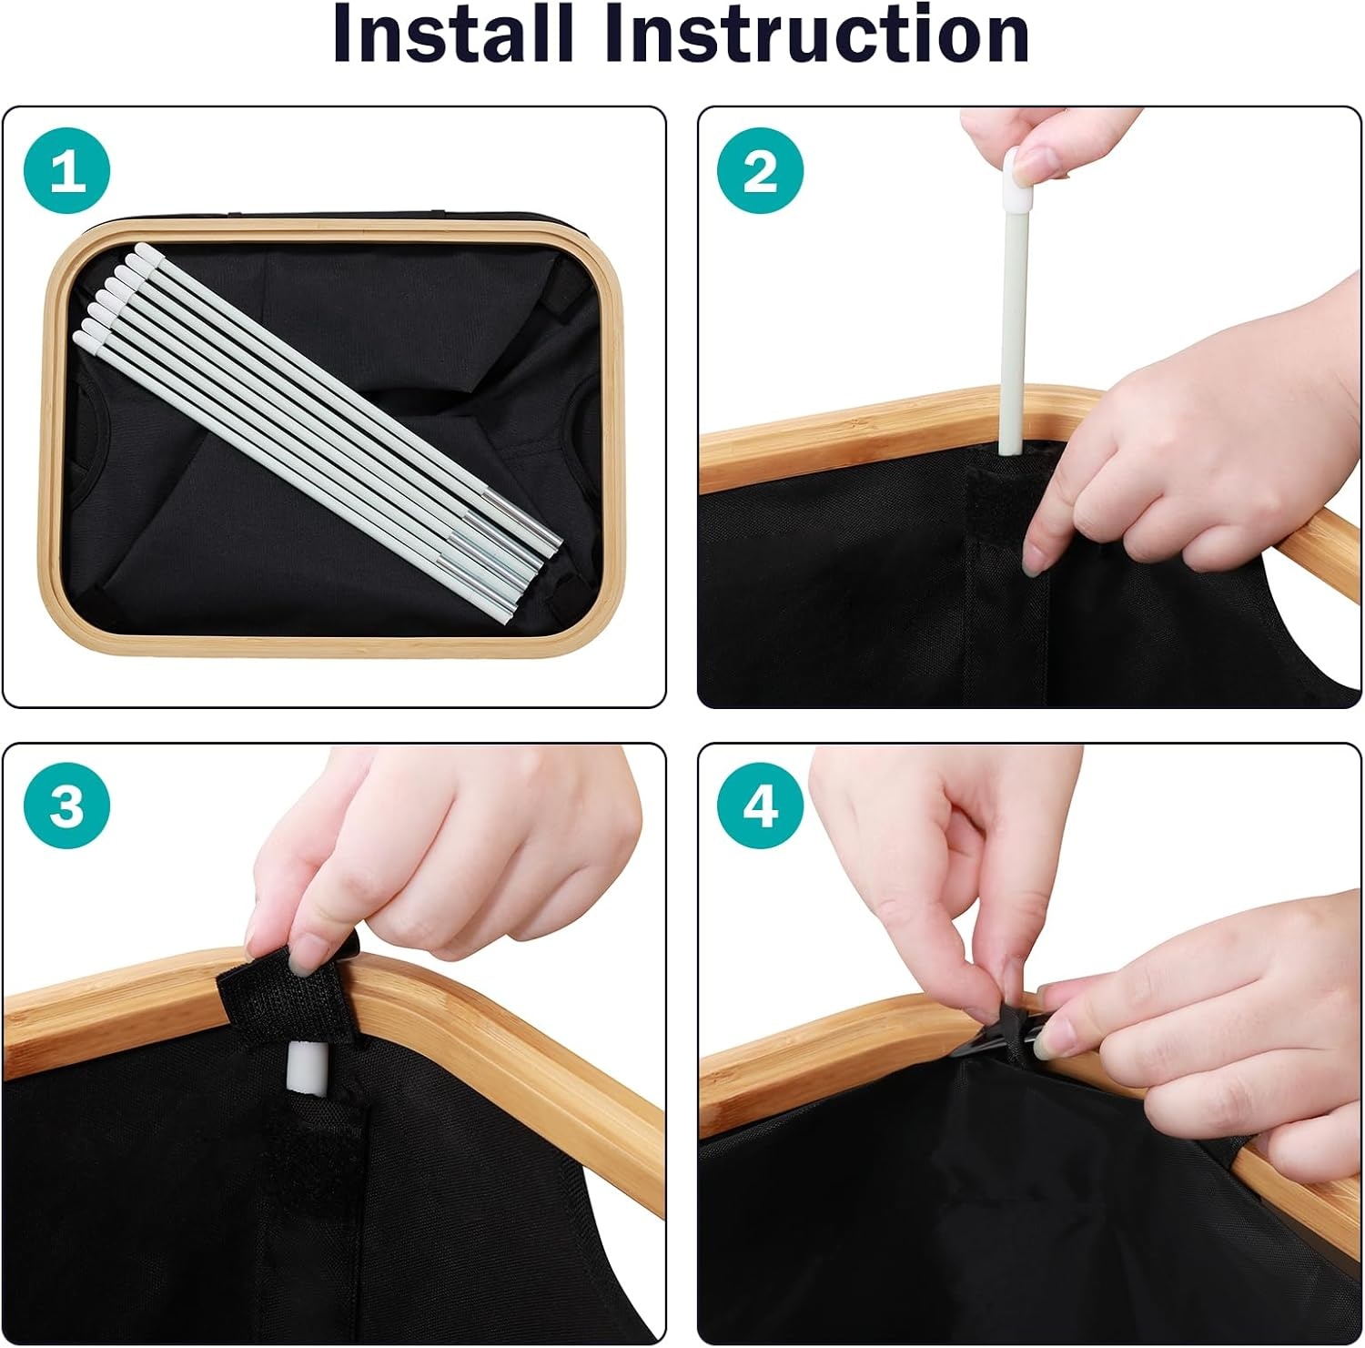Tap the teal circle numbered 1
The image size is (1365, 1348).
coord(66,172)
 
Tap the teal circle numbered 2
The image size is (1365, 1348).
coord(761,172)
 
